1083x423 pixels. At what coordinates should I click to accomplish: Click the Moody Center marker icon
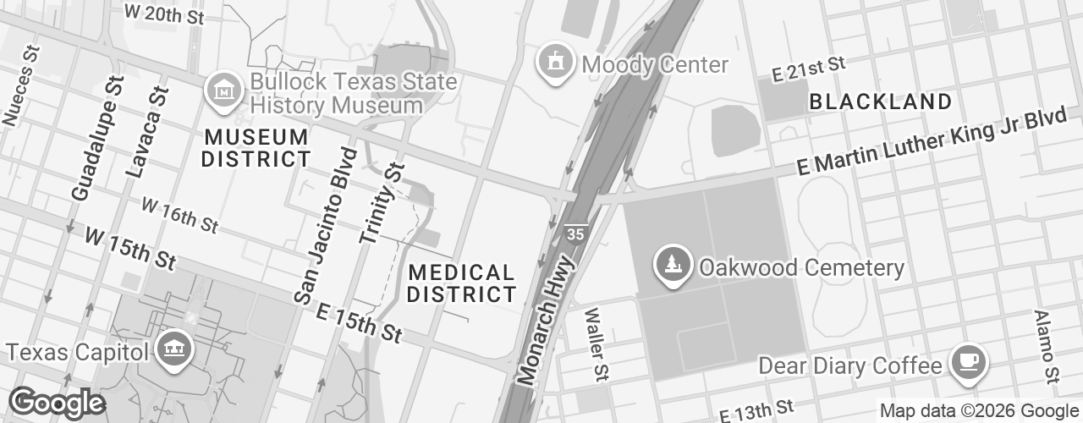(555, 63)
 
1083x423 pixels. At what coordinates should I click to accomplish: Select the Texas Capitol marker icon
(174, 351)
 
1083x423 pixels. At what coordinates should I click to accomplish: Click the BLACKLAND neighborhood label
(881, 102)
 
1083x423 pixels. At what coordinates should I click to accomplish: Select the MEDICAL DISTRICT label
(462, 283)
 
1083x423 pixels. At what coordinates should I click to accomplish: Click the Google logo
(57, 404)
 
